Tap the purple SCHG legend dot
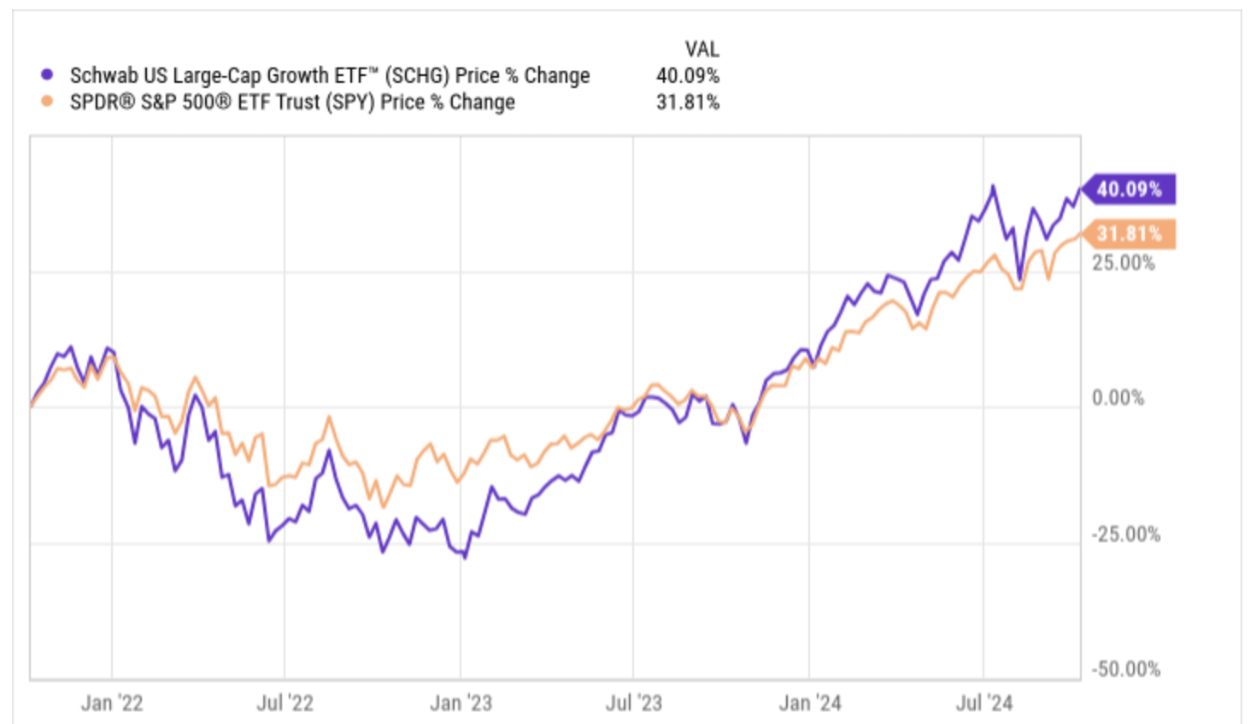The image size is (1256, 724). click(x=48, y=75)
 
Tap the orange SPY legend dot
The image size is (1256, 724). click(x=48, y=102)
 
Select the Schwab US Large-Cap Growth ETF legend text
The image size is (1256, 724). click(x=330, y=75)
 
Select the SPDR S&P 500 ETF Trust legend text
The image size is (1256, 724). click(x=292, y=102)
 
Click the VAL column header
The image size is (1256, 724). click(x=701, y=49)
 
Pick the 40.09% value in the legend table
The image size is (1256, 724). click(x=688, y=75)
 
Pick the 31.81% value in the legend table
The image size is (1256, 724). click(x=688, y=102)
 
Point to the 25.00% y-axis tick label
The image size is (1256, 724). click(x=1123, y=262)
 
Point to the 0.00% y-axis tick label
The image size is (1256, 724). click(x=1118, y=398)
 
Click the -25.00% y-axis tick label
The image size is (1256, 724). click(x=1125, y=534)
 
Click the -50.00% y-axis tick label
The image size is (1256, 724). click(x=1125, y=669)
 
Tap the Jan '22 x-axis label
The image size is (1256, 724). click(x=112, y=703)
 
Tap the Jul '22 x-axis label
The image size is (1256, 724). click(x=285, y=703)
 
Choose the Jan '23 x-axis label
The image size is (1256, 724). click(x=461, y=703)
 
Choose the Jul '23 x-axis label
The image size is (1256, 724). click(x=634, y=703)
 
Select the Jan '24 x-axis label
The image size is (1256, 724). click(x=810, y=703)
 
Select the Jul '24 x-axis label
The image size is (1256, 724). click(x=984, y=703)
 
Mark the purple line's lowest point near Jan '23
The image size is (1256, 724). click(x=465, y=558)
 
